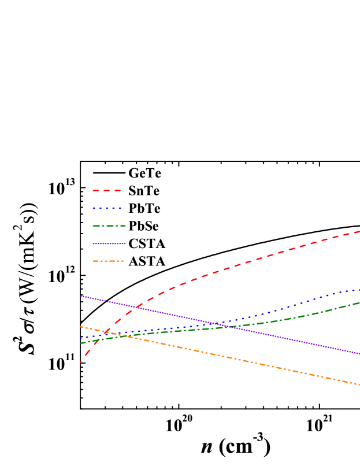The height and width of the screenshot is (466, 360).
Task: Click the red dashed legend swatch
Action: [x=107, y=190]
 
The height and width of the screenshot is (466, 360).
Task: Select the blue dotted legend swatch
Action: [x=107, y=208]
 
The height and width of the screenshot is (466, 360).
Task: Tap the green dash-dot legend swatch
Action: [x=109, y=225]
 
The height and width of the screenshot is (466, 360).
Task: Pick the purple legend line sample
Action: [x=109, y=243]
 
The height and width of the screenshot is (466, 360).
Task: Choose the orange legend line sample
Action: [x=108, y=261]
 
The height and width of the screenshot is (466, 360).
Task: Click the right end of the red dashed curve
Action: [x=359, y=231]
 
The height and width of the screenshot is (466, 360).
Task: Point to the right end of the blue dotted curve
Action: [x=359, y=289]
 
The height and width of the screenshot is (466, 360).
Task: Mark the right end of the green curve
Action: [x=359, y=303]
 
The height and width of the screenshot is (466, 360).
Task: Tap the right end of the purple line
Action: [x=359, y=353]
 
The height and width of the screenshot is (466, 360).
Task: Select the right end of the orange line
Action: [x=359, y=384]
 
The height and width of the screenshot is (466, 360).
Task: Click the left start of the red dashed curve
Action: [x=81, y=362]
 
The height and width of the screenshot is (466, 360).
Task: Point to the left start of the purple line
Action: [x=81, y=296]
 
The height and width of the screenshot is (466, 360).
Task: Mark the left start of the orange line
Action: [x=81, y=327]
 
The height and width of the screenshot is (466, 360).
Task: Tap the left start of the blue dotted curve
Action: [x=81, y=338]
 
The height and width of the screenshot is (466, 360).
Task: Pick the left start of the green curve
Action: [x=81, y=343]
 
